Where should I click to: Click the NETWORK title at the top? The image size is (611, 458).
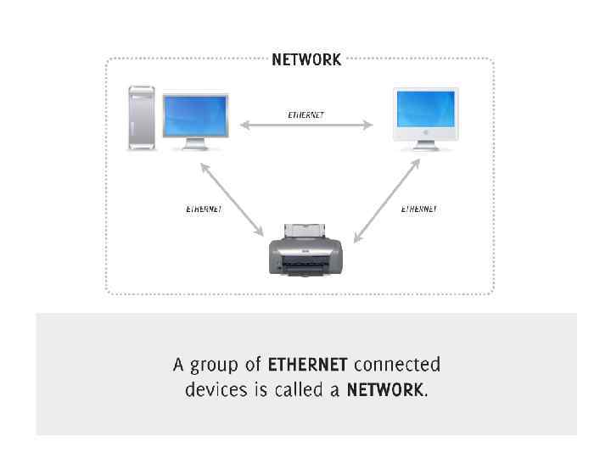tap(306, 59)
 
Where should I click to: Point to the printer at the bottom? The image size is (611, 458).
tap(305, 252)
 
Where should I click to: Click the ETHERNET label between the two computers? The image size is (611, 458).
tap(305, 114)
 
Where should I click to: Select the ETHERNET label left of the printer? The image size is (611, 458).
tap(204, 209)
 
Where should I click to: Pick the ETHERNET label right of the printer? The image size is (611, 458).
tap(418, 209)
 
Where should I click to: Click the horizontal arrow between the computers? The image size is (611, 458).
tap(305, 126)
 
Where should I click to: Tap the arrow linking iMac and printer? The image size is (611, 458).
tap(386, 201)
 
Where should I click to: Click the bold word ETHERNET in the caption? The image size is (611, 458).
tap(307, 365)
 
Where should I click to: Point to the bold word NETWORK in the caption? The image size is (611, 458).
tap(384, 390)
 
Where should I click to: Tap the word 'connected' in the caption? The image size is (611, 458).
tap(396, 365)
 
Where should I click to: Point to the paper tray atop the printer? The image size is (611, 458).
tap(305, 230)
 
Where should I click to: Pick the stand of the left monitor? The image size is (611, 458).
tap(195, 146)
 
